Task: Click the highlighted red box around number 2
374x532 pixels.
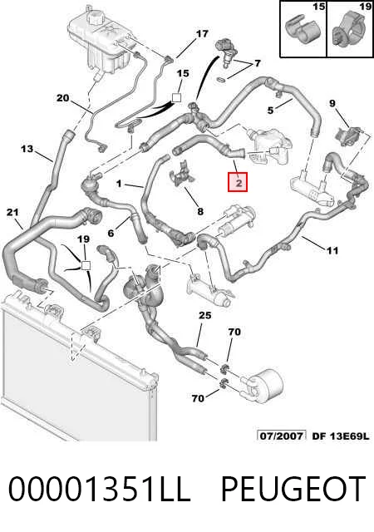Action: (x=238, y=182)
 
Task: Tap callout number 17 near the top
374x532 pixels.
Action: (x=202, y=34)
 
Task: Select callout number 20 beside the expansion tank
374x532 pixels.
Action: (x=63, y=98)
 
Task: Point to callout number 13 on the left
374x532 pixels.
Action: (x=27, y=149)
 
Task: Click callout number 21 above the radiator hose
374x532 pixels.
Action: (x=12, y=213)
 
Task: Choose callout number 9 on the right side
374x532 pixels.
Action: (x=332, y=103)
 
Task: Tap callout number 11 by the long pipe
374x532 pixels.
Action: (x=332, y=251)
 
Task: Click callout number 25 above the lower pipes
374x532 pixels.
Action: (x=205, y=316)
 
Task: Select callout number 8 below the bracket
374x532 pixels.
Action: (x=200, y=212)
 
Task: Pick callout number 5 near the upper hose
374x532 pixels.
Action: (x=270, y=111)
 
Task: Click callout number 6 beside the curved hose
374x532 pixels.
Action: (x=111, y=233)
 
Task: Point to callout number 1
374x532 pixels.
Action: (x=119, y=184)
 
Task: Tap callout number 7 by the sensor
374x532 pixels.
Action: (x=258, y=63)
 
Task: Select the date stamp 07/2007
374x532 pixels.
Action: (x=282, y=436)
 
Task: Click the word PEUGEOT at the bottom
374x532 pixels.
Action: (x=293, y=489)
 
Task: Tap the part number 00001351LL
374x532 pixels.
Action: (x=99, y=489)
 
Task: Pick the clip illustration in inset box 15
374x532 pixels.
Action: (x=303, y=32)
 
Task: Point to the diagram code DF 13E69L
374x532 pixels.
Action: (x=340, y=436)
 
